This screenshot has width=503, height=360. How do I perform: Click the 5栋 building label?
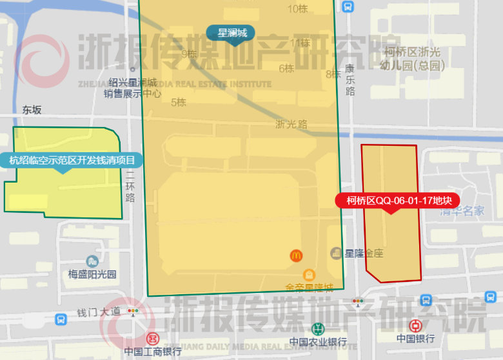tap(178, 102)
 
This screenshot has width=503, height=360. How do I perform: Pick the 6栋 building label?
tap(286, 68)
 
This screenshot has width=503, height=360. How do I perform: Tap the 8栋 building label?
tap(333, 74)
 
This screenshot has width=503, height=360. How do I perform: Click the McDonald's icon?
tap(296, 255)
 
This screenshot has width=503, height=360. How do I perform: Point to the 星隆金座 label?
tap(364, 253)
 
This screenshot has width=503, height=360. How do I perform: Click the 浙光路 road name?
tap(291, 124)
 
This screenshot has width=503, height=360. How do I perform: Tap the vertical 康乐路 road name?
tap(350, 79)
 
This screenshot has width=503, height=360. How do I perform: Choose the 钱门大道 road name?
tap(99, 312)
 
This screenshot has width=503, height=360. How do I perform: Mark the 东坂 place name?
tap(32, 110)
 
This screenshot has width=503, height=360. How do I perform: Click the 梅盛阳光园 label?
tap(92, 274)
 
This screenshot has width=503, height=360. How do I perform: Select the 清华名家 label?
tap(462, 210)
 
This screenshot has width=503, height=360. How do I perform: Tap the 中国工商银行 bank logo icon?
tap(153, 338)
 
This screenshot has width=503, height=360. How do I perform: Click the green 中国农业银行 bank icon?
tap(317, 328)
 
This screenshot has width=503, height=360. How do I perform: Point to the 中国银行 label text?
tap(415, 339)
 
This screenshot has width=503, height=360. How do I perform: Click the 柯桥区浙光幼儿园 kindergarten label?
tap(413, 59)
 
